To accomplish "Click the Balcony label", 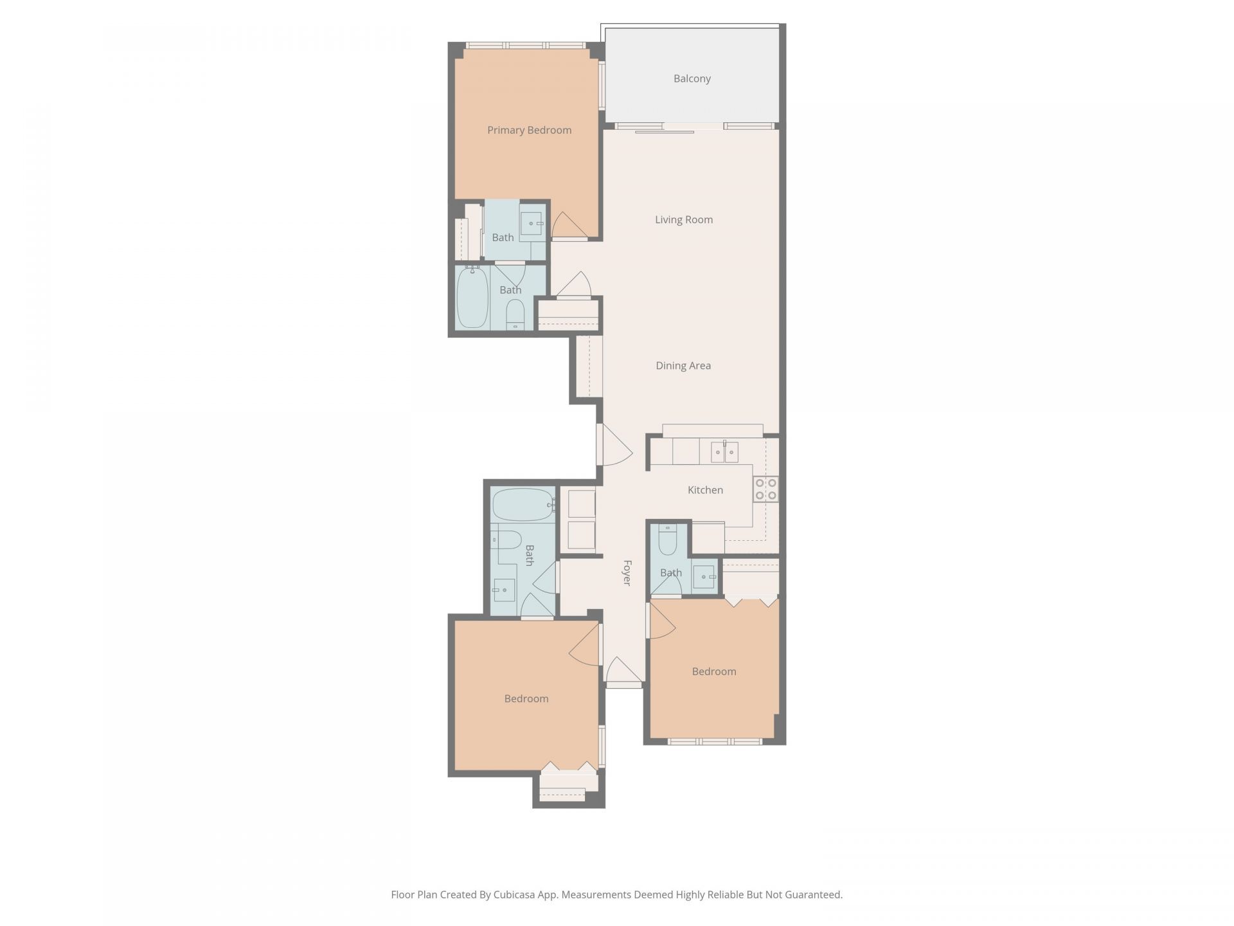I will point(692,78).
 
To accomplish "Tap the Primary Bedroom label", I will point(529,130).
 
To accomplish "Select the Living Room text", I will point(683,219).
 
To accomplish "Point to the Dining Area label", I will point(683,365).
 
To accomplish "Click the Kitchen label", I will point(705,489).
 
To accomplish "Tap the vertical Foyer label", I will point(627,572).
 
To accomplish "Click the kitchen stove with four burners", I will point(765,488).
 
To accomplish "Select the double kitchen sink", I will point(724,452).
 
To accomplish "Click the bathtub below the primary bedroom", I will point(472,297).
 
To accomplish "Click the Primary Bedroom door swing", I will point(568,225).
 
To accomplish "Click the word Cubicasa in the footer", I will point(512,894).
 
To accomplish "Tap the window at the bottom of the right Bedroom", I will point(715,741).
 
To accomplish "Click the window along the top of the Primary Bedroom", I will point(525,46).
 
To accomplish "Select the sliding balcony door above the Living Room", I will point(665,131).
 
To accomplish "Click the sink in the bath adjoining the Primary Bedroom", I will point(532,223).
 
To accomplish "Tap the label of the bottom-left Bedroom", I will point(526,698).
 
